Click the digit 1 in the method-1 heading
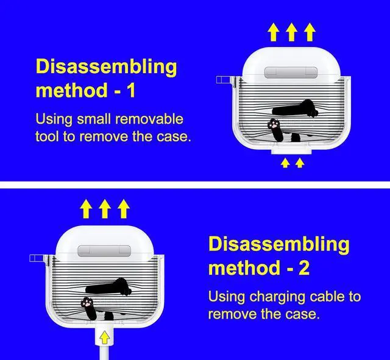[x=131, y=90]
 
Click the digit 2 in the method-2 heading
[x=305, y=268]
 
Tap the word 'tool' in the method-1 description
[x=48, y=136]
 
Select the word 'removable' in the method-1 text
[x=149, y=119]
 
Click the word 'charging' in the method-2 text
[x=277, y=297]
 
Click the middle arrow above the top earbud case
[x=291, y=32]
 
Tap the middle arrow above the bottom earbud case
[x=105, y=208]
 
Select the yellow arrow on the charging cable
[x=104, y=337]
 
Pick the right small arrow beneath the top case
[x=300, y=163]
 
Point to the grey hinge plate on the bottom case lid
[x=104, y=251]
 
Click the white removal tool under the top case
[x=291, y=150]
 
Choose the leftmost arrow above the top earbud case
[x=274, y=32]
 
